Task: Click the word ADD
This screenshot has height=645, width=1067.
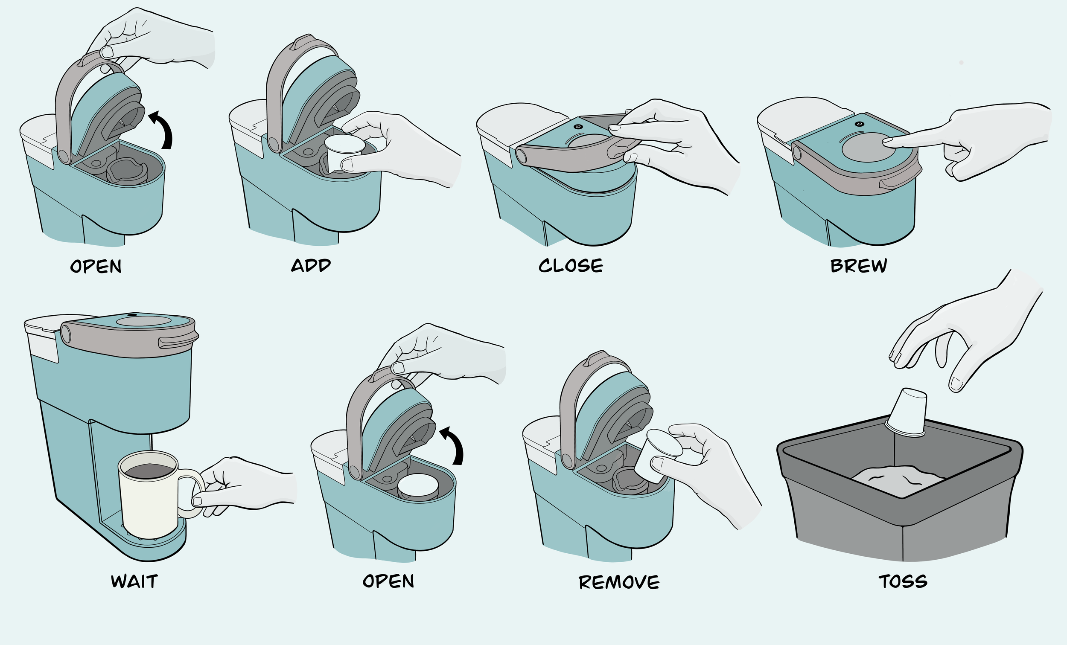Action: (x=311, y=265)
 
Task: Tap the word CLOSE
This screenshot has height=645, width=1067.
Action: (x=571, y=265)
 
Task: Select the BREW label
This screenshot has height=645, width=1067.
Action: (x=859, y=265)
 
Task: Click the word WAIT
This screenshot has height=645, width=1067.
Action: (x=134, y=581)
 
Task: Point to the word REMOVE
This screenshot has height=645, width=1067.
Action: (x=619, y=582)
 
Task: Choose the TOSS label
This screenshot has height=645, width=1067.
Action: (x=903, y=581)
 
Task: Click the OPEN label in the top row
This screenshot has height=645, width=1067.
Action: (x=96, y=266)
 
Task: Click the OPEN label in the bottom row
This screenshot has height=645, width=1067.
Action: (x=388, y=581)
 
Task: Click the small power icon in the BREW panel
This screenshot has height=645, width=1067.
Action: (x=860, y=124)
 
